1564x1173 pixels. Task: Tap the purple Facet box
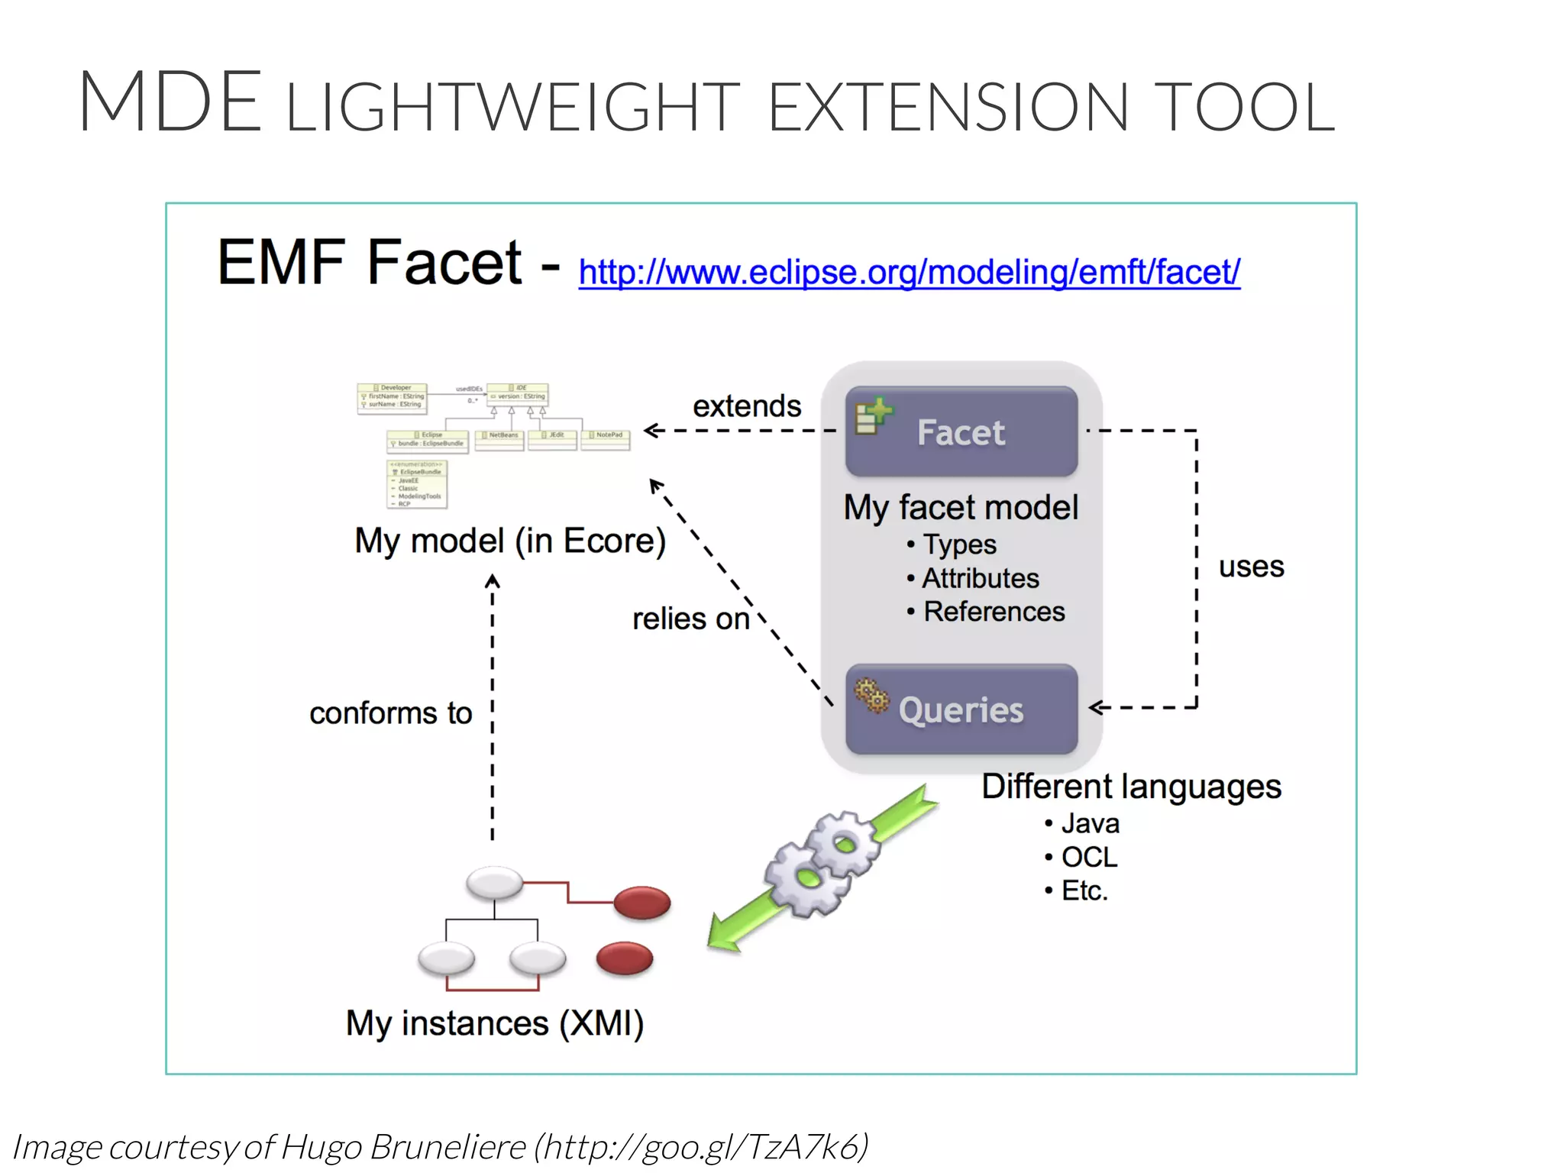tap(961, 431)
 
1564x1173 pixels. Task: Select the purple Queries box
tap(961, 709)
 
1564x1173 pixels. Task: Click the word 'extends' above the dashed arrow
tap(746, 406)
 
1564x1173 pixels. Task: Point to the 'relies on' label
tap(690, 619)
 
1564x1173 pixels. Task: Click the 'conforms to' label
tap(390, 713)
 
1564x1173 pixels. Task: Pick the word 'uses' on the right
tap(1251, 567)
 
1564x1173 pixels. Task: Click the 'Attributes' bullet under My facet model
tap(980, 578)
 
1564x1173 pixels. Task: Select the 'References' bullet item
tap(993, 612)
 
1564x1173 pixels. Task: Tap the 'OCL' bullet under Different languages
tap(1088, 857)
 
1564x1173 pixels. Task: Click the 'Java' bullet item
tap(1090, 823)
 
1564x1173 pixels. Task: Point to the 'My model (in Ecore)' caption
tap(510, 541)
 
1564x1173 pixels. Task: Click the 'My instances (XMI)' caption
tap(495, 1023)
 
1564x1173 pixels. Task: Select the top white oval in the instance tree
tap(495, 884)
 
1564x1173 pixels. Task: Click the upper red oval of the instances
tap(642, 903)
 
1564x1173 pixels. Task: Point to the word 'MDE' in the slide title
tap(170, 102)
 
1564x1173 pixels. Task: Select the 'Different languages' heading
tap(1130, 787)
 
